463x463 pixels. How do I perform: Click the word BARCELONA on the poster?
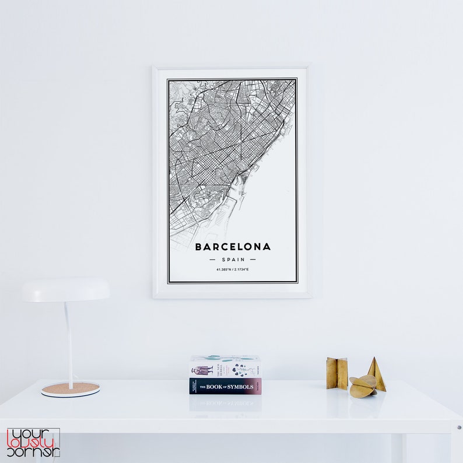click(x=233, y=247)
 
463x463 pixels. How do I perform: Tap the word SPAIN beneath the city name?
click(x=233, y=259)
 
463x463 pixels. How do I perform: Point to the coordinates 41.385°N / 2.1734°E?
click(x=233, y=269)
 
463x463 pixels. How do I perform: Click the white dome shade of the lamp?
click(x=66, y=290)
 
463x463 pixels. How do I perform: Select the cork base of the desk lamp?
click(x=70, y=389)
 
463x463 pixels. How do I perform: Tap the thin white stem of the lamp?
click(x=68, y=344)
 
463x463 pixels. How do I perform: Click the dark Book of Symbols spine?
click(x=225, y=387)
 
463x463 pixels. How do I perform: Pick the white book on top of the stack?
click(x=225, y=367)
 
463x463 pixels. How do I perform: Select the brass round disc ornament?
click(x=362, y=387)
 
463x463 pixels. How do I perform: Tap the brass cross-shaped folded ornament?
click(x=336, y=373)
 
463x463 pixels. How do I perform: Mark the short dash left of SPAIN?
click(x=213, y=259)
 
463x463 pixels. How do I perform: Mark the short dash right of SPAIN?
click(x=253, y=259)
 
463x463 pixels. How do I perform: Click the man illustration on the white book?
click(x=202, y=370)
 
